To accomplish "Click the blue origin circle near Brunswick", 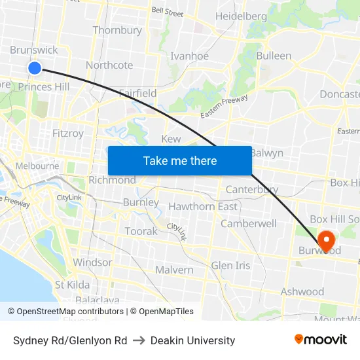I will coord(35,67).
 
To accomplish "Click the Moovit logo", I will coord(320,340).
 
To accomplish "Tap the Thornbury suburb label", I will coord(117,30).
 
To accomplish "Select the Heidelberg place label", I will coord(241,16).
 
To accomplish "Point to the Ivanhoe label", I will coord(189,56).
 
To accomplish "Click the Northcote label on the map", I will coord(109,65).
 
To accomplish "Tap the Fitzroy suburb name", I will coord(68,134).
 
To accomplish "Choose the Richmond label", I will coord(112,180).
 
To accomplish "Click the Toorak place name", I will coord(141,231).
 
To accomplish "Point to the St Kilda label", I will coord(73,285).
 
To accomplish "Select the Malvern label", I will coord(174,270).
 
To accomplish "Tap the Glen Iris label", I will coord(230,265).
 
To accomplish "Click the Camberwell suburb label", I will coord(249,223).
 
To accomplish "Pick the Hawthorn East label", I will coord(203,207).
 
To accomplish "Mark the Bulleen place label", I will coord(274,56).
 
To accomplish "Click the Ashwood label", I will coord(302,292).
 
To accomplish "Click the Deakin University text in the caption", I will coord(192,340).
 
